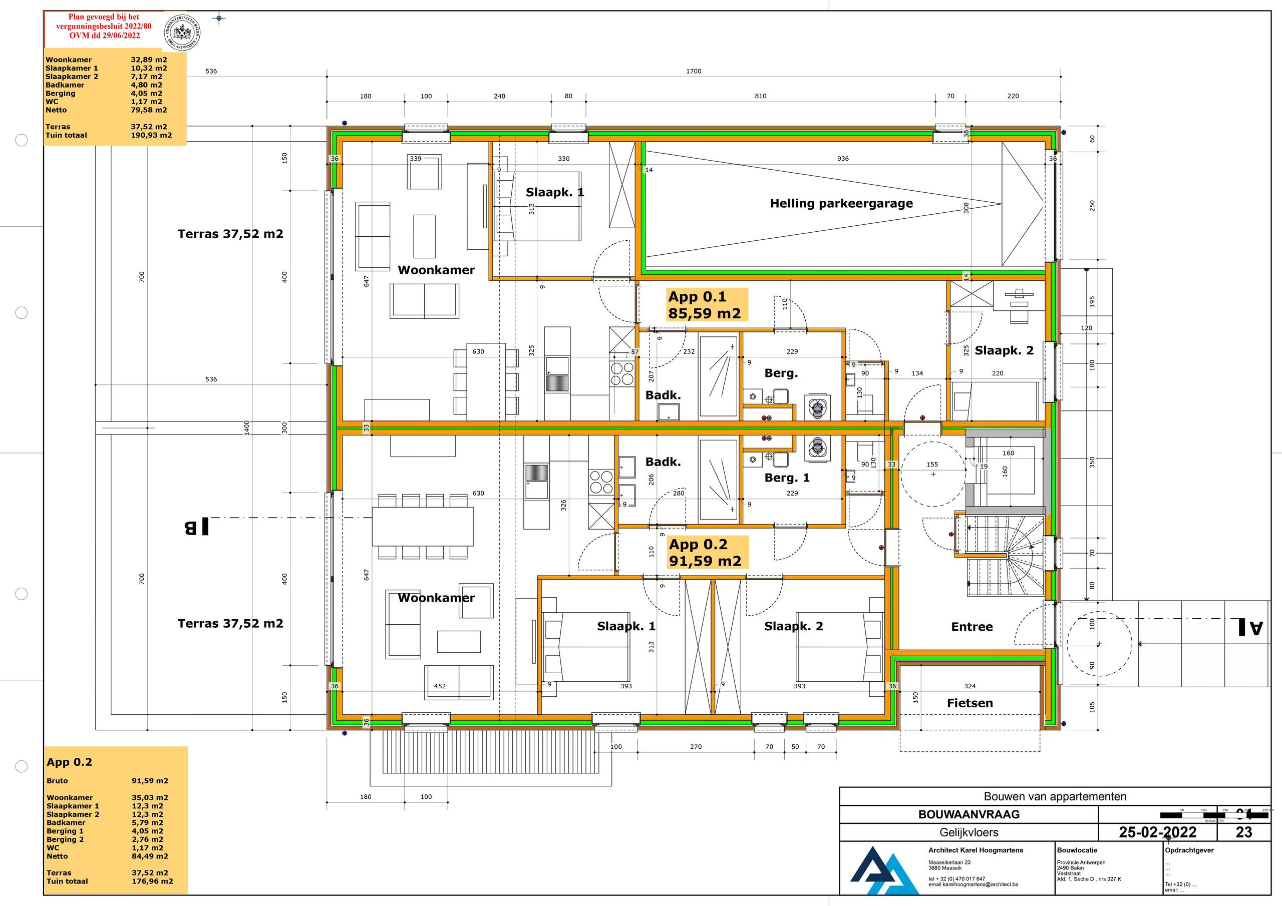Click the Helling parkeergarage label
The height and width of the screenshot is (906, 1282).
click(841, 203)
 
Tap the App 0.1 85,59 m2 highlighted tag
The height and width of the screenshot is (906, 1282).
click(705, 305)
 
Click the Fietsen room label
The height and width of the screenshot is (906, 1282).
click(970, 703)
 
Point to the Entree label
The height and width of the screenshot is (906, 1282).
click(972, 626)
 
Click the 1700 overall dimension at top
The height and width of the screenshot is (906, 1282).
click(694, 71)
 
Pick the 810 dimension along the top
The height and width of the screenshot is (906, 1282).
click(761, 96)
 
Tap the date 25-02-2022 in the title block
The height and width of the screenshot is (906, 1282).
click(1157, 832)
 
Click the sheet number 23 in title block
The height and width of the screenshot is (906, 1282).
click(1243, 832)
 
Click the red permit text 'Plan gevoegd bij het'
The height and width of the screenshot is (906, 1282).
click(104, 17)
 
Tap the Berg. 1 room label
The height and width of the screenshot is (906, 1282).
click(786, 478)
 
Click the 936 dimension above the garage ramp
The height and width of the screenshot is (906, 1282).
click(843, 159)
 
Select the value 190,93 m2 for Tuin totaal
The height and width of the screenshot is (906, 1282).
click(151, 135)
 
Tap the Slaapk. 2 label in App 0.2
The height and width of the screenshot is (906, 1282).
click(793, 626)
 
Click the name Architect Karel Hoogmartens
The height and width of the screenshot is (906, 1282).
click(976, 850)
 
